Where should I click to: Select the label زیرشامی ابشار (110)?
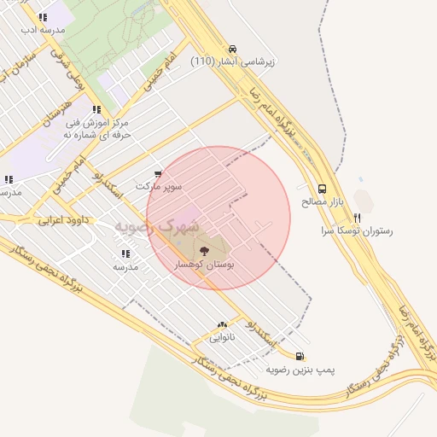pyautogui.click(x=232, y=62)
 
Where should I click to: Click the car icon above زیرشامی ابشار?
pyautogui.click(x=233, y=50)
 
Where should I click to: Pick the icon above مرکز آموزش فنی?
pyautogui.click(x=96, y=109)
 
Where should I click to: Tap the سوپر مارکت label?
pyautogui.click(x=158, y=185)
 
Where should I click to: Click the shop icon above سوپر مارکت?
pyautogui.click(x=158, y=173)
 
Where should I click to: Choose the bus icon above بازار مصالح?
pyautogui.click(x=322, y=189)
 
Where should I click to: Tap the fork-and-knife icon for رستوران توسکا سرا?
pyautogui.click(x=357, y=218)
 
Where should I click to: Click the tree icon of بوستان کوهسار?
pyautogui.click(x=204, y=250)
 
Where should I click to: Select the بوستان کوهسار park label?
pyautogui.click(x=204, y=265)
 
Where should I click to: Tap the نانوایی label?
pyautogui.click(x=223, y=337)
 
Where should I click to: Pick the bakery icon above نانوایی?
pyautogui.click(x=223, y=325)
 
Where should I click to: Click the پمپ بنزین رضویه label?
pyautogui.click(x=300, y=370)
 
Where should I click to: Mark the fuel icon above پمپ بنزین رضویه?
pyautogui.click(x=300, y=357)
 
